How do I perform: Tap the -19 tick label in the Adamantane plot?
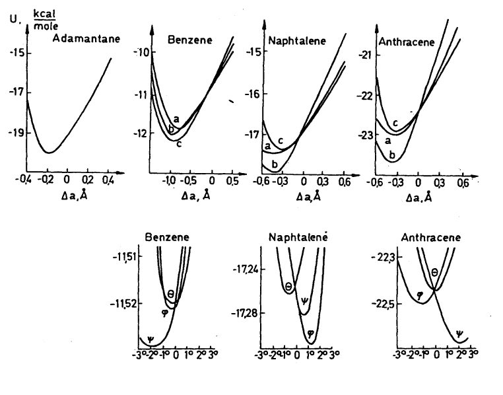click(16, 132)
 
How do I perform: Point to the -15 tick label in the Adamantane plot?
click(16, 53)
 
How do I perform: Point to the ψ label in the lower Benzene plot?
click(151, 340)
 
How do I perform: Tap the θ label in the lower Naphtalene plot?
click(288, 287)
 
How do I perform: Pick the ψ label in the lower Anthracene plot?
click(459, 334)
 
